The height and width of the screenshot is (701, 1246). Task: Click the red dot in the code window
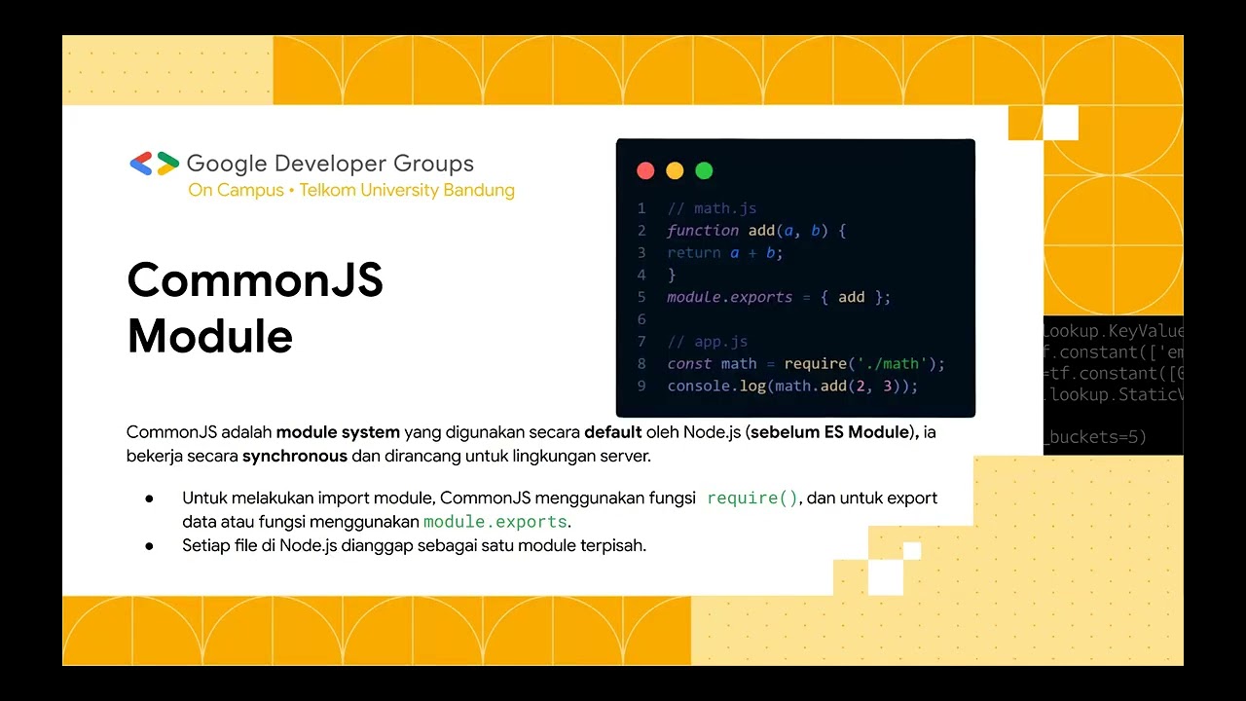(645, 171)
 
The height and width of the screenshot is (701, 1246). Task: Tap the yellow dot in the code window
(675, 171)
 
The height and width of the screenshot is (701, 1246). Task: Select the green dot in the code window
(704, 171)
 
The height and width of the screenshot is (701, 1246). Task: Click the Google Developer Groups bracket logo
(154, 164)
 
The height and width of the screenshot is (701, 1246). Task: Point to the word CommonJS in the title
(255, 280)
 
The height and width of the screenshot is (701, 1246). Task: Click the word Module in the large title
(210, 337)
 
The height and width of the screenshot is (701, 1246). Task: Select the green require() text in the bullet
(752, 498)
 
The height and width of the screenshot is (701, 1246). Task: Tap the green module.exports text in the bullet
(495, 522)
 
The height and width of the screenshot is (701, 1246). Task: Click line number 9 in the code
(641, 387)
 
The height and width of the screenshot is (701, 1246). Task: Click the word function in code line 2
(703, 231)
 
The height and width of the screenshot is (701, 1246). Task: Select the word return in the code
(694, 253)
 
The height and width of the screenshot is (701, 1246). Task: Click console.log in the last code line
(703, 387)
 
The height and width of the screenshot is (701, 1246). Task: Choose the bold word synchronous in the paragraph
(295, 456)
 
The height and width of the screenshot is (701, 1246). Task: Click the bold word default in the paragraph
(612, 432)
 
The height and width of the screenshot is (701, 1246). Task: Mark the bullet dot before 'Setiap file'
(150, 546)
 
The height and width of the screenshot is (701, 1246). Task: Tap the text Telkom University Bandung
(407, 190)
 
